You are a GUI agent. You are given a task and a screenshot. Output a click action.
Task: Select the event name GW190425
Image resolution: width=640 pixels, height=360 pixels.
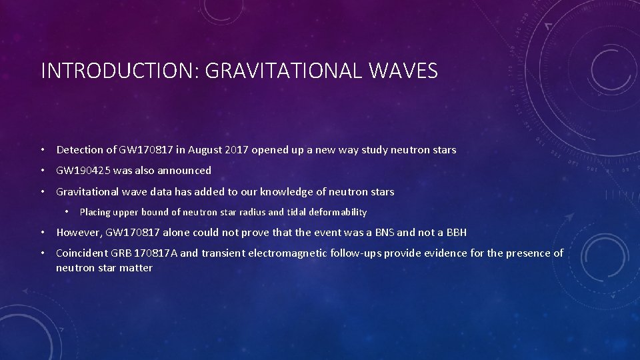click(x=83, y=171)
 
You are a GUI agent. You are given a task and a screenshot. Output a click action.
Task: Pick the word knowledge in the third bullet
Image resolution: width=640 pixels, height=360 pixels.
click(x=286, y=192)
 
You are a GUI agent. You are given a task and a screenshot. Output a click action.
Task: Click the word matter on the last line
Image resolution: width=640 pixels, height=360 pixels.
click(x=136, y=268)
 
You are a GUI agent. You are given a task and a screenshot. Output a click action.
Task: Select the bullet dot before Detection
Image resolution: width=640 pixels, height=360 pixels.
click(x=43, y=151)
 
